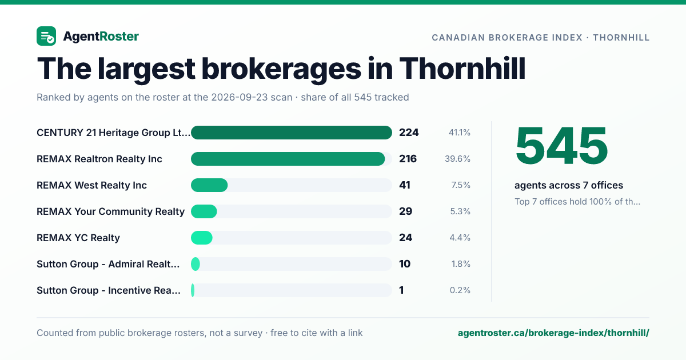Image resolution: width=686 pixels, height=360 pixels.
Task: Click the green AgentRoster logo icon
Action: pos(46,36)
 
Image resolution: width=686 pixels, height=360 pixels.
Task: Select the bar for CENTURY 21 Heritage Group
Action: pos(291,133)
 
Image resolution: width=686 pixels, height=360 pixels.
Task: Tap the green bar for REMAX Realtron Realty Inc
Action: pos(288,159)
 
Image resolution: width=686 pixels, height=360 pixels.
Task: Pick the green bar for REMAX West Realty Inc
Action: pos(209,185)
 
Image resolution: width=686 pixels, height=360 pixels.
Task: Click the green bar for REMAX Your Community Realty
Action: pos(204,211)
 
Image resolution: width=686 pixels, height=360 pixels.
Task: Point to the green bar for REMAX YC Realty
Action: pos(201,238)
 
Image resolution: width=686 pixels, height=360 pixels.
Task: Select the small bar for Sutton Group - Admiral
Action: pos(196,264)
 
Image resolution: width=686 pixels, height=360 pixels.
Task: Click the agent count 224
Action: pos(409,133)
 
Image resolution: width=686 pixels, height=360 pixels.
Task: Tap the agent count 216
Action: pos(408,159)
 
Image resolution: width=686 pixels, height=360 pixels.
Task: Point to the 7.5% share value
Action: pos(461,185)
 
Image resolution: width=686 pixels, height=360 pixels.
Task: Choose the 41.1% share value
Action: pos(460,133)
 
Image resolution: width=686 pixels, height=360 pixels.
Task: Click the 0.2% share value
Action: pos(460,290)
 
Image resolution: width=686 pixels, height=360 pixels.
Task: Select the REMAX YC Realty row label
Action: pos(78,238)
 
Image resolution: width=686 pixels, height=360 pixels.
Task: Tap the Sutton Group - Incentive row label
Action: pos(109,290)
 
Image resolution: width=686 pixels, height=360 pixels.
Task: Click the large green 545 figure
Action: pos(561,146)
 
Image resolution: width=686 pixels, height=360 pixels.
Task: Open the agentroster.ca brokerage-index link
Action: pos(553,333)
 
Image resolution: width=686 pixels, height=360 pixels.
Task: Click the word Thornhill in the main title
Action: pos(462,69)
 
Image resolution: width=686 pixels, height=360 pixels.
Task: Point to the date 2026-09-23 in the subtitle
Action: pos(252,97)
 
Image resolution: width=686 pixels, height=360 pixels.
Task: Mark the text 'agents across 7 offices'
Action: pos(569,185)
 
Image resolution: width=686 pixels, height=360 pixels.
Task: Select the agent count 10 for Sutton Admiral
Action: pos(405,264)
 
